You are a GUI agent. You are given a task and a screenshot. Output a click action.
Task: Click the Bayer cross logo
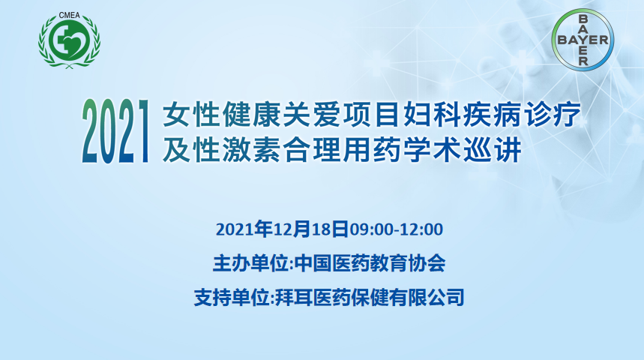(583, 40)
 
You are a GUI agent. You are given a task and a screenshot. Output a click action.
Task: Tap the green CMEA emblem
(70, 41)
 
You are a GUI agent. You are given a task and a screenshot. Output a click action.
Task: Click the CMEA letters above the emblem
(70, 15)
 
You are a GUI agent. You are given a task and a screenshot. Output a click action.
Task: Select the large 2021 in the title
(115, 131)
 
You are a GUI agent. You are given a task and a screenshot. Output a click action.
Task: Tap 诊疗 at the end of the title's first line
(551, 114)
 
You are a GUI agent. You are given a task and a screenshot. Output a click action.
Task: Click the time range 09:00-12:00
(396, 229)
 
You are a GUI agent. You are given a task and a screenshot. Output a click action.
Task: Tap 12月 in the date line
(292, 229)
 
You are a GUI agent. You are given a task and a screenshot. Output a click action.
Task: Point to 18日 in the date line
(330, 229)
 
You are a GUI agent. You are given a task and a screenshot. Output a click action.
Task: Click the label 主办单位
(250, 263)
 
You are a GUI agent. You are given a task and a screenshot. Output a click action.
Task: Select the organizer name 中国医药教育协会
(370, 263)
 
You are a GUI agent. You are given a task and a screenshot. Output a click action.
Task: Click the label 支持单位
(232, 298)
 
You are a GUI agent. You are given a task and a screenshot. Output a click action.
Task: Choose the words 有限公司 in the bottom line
(427, 298)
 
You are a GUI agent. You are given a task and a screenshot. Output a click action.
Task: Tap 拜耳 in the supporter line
(293, 298)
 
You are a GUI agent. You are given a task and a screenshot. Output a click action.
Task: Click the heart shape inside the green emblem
(75, 41)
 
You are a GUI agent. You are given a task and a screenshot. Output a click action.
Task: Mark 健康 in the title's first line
(251, 114)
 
